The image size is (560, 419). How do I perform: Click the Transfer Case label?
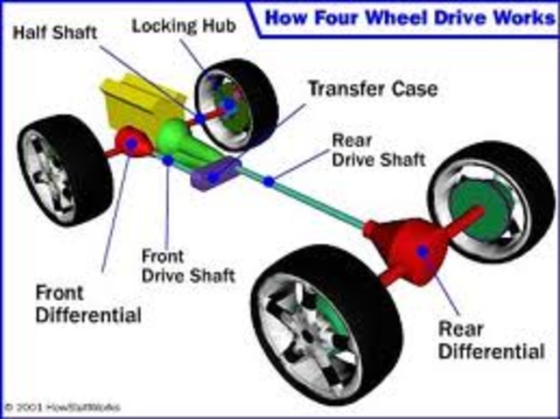coord(372,88)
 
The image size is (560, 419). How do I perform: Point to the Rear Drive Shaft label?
coord(378,150)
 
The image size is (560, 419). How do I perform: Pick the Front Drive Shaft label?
coord(188,266)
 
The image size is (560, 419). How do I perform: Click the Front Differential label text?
coord(87,302)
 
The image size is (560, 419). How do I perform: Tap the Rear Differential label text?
coord(491,341)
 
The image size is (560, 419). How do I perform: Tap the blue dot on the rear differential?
coord(423,251)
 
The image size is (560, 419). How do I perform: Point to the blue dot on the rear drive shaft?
coord(269,182)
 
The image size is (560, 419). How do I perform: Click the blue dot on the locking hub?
coord(229,104)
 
